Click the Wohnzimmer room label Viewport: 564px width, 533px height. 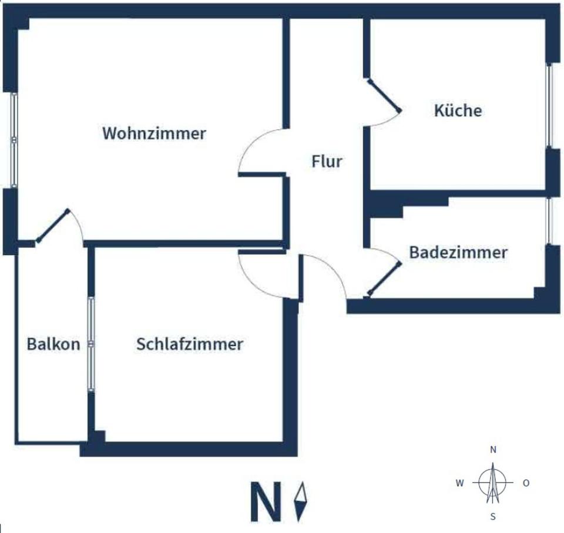point(154,133)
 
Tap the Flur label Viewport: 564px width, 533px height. point(327,161)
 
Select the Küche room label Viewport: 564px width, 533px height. point(458,110)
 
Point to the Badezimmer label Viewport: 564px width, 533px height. point(458,253)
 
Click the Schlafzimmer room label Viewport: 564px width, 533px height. point(189,344)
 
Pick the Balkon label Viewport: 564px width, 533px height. point(53,344)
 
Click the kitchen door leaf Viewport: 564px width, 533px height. point(384,95)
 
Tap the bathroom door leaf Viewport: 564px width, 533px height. point(384,279)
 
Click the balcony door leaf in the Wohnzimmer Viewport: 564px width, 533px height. point(53,224)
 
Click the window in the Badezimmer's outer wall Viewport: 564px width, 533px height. point(549,220)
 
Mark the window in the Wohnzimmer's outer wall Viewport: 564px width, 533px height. point(14,140)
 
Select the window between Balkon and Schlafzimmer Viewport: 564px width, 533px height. point(91,344)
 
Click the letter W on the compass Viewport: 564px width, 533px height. point(460,483)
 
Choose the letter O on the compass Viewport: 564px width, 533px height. point(526,483)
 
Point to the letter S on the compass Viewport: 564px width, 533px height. point(493,517)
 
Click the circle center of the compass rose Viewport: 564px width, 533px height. point(493,483)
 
